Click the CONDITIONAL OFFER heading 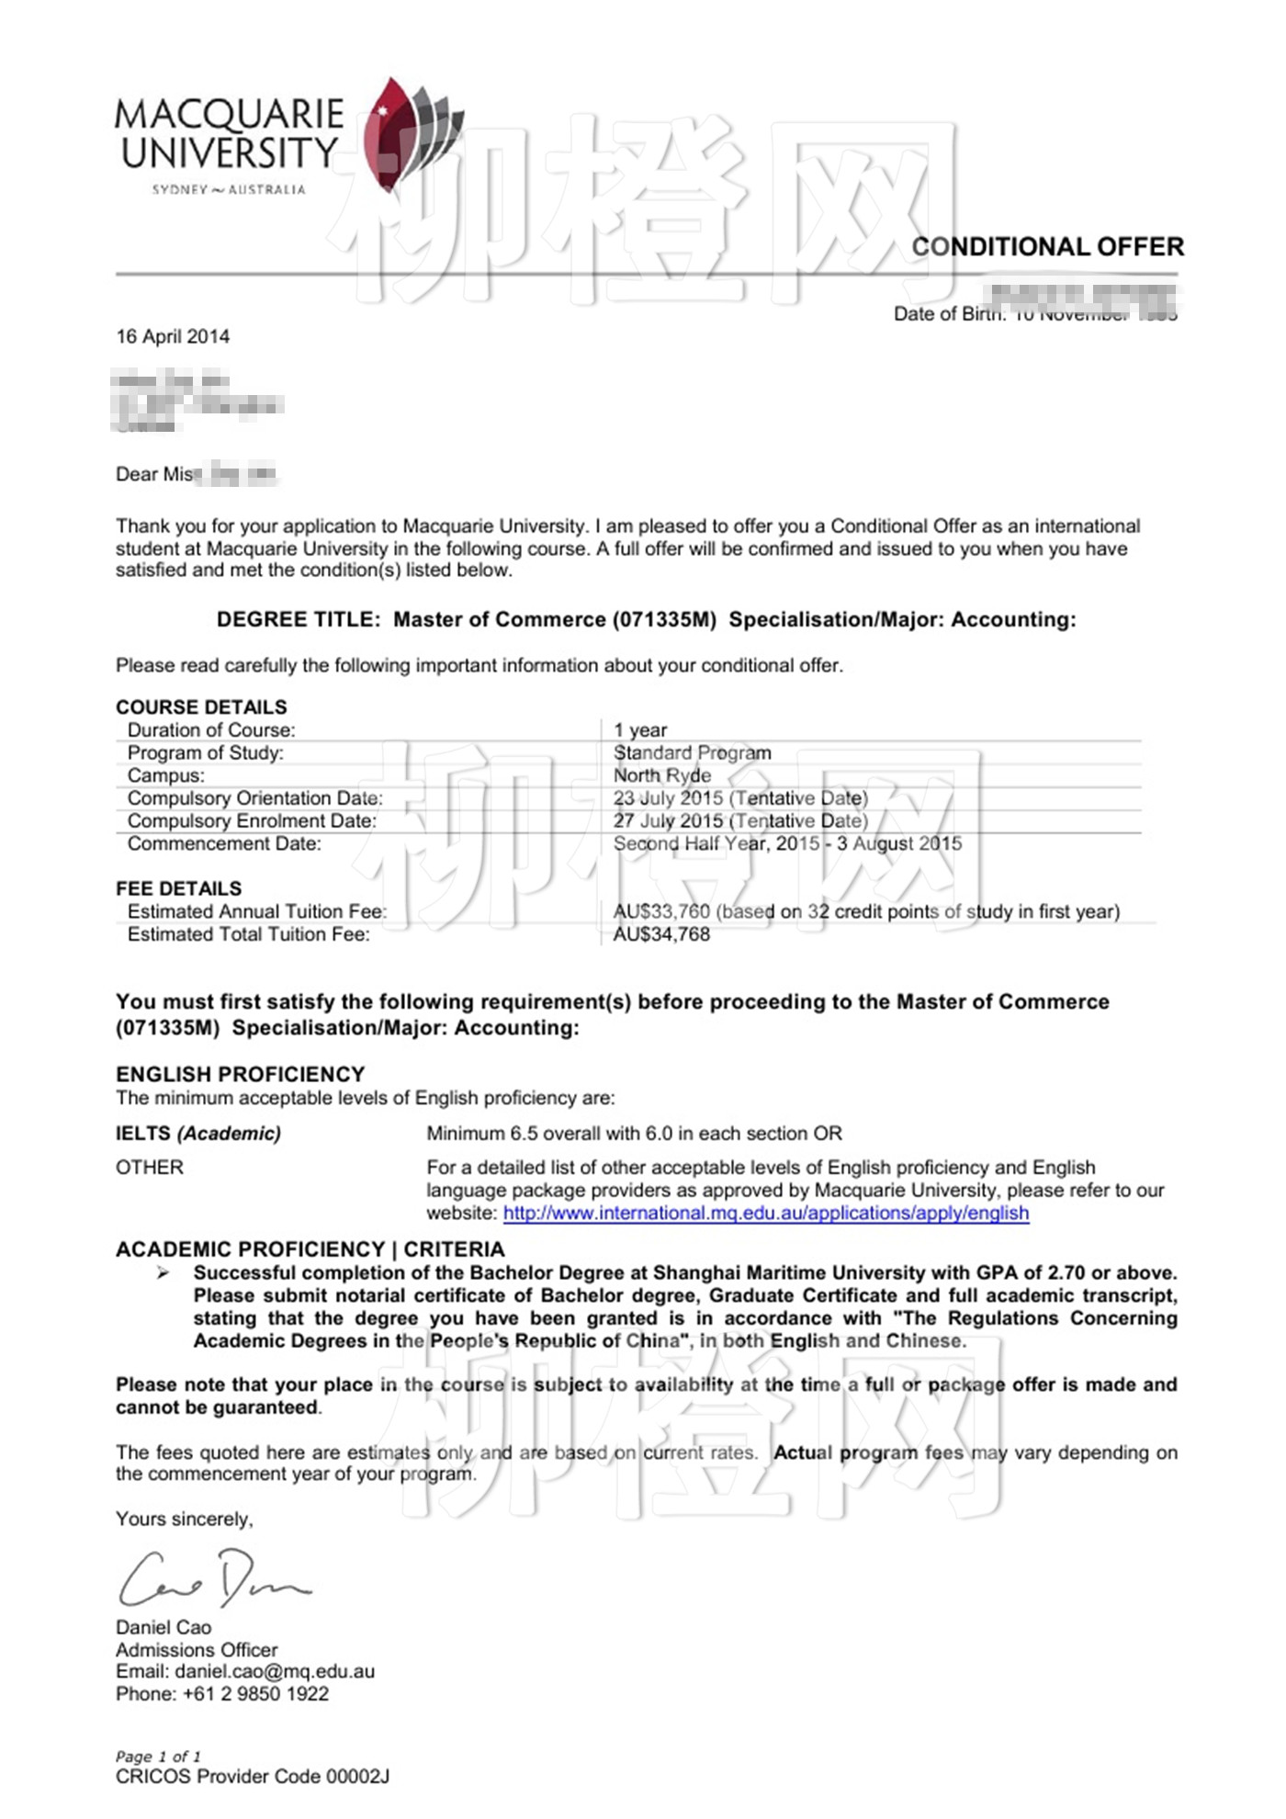[1047, 246]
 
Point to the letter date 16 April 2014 [173, 336]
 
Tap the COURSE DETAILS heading [201, 706]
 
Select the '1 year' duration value [640, 729]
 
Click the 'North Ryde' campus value [661, 775]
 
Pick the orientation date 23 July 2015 [668, 798]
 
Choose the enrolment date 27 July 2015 [668, 820]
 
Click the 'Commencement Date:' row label [224, 843]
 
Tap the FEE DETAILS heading [179, 888]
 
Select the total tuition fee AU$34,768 [661, 934]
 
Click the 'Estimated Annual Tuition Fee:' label [257, 911]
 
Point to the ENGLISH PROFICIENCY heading [241, 1074]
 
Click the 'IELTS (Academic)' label [198, 1133]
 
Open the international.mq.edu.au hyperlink [766, 1213]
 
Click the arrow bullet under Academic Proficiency [164, 1272]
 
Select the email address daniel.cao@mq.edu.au [275, 1671]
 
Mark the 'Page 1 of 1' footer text [158, 1757]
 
